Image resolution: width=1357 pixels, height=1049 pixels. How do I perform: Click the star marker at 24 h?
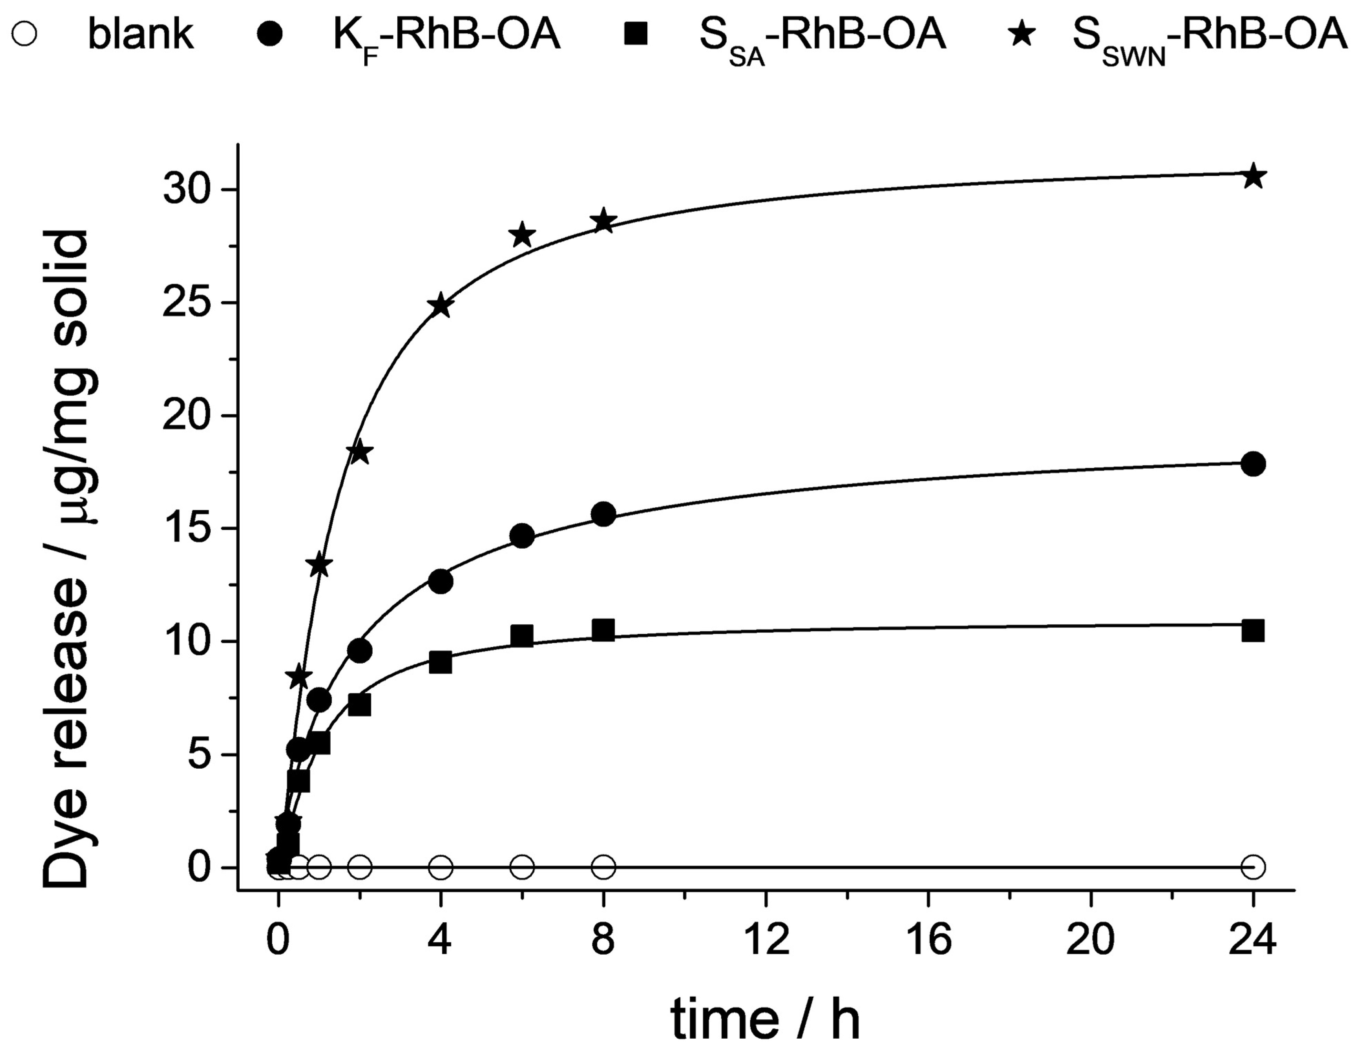[x=1253, y=176]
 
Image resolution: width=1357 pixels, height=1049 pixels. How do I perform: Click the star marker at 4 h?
[x=440, y=305]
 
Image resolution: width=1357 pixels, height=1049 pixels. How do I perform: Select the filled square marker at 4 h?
[x=440, y=663]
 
